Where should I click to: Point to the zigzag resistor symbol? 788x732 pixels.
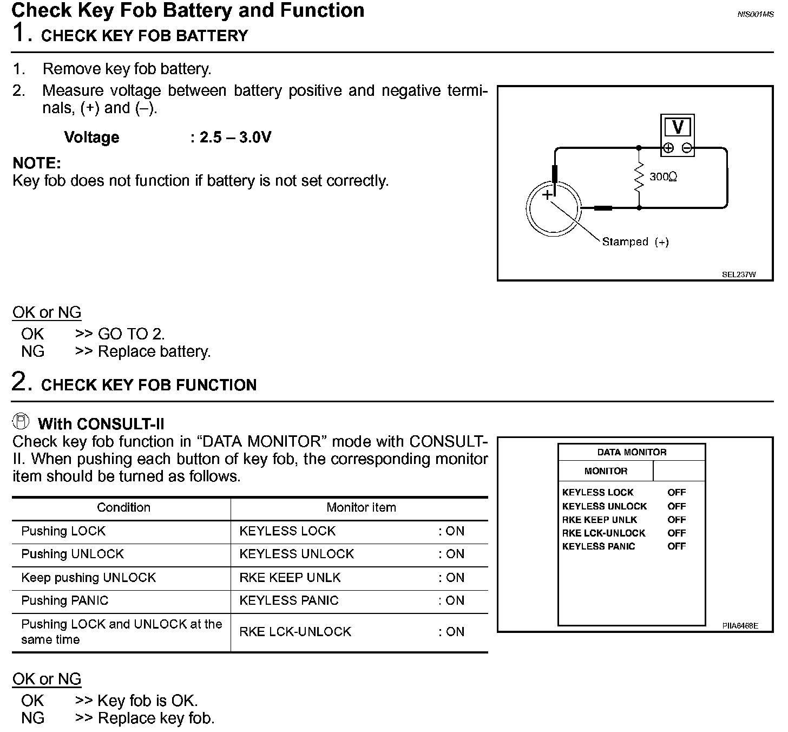pos(639,177)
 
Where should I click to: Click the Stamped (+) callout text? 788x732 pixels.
pos(635,242)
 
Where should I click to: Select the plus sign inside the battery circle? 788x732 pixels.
pos(548,194)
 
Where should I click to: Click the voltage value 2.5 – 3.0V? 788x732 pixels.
pos(235,138)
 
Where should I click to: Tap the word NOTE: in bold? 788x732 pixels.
pos(37,163)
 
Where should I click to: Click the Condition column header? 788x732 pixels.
pos(123,508)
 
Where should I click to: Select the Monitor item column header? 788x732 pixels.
pos(361,508)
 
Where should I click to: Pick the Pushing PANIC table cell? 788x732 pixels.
pos(65,600)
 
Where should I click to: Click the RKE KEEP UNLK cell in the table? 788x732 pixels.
pos(290,578)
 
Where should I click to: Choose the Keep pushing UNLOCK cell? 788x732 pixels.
pos(89,578)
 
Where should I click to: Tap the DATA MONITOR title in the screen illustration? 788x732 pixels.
pos(632,453)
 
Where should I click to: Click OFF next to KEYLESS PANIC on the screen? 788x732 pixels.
pos(677,546)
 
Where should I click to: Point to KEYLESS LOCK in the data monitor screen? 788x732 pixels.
pos(597,493)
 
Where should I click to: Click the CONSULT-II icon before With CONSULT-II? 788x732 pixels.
pos(22,422)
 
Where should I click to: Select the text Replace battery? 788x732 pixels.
pos(154,352)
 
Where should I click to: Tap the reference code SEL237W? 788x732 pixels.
pos(739,274)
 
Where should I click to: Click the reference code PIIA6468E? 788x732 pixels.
pos(740,626)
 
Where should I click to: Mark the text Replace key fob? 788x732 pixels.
pos(156,718)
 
